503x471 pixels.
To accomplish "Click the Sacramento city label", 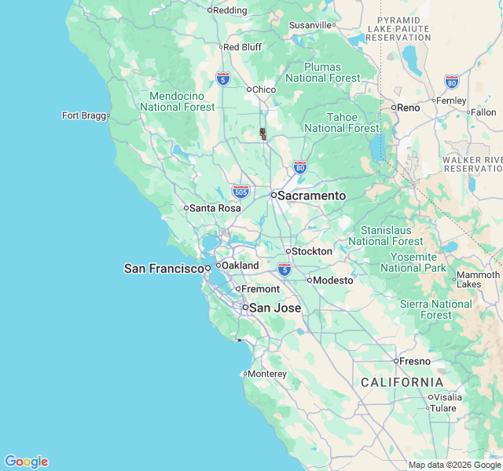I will [312, 195].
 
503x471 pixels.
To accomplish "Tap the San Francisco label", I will [164, 268].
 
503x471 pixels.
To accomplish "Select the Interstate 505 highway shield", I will [241, 191].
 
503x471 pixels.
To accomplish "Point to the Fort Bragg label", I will [83, 115].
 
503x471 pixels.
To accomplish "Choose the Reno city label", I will [408, 107].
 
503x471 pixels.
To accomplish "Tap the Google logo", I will [26, 462].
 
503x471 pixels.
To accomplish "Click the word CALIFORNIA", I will [402, 382].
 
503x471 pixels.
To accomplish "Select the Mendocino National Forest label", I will [177, 101].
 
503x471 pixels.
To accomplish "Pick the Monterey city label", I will [267, 374].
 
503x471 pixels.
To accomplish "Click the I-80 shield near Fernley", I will [451, 81].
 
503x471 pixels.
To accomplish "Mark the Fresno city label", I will [415, 361].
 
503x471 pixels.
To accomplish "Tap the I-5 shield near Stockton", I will [285, 269].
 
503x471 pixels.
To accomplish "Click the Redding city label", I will [230, 10].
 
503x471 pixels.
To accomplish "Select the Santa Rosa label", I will [215, 208].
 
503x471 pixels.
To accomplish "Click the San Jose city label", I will [275, 308].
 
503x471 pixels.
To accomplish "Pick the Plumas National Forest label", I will [323, 72].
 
